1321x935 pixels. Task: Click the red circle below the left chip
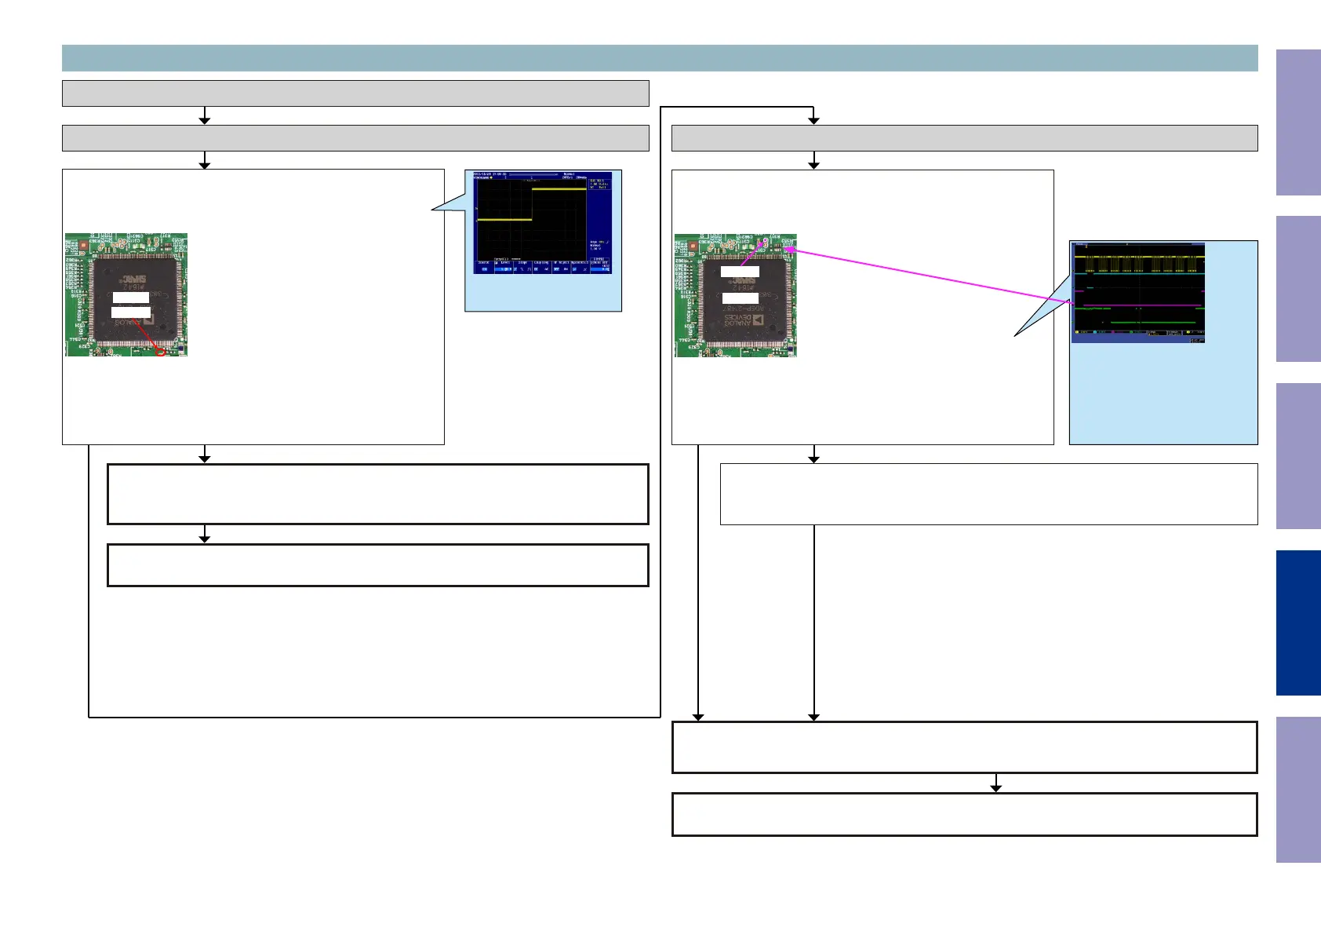162,352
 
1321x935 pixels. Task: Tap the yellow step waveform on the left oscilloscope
559,189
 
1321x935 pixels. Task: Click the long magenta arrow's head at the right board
788,249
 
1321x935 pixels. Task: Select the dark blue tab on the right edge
1298,623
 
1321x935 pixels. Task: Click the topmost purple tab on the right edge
1298,122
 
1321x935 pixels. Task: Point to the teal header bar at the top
659,58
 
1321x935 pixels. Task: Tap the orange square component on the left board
84,245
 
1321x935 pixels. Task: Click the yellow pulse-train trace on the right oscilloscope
1137,257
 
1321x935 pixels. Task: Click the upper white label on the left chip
131,298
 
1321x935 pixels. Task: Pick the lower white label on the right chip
740,299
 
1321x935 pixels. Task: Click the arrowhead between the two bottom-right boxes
995,787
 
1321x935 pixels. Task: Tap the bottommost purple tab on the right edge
1298,790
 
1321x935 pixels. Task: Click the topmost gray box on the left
355,93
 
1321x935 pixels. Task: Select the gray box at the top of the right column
964,138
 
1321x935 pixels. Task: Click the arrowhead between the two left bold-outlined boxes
205,538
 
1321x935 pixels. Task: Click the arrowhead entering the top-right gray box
813,120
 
